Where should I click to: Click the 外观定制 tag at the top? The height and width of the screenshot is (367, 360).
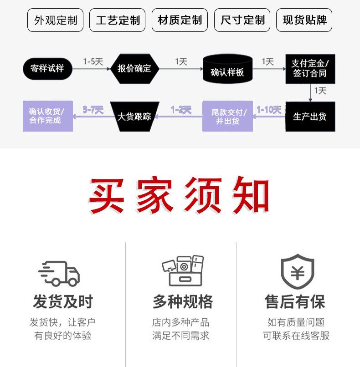click(56, 20)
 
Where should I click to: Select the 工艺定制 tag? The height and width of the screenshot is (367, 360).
click(118, 20)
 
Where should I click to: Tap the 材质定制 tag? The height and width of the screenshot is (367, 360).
click(180, 20)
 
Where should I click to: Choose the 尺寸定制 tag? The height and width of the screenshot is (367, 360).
click(242, 20)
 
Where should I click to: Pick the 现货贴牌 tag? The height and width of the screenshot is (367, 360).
click(304, 20)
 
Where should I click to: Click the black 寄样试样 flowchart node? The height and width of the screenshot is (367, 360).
click(47, 69)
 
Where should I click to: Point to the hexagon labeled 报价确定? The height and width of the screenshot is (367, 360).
click(134, 69)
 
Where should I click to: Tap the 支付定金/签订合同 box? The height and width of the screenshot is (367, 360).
click(310, 68)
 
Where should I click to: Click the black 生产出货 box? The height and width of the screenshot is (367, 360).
click(310, 117)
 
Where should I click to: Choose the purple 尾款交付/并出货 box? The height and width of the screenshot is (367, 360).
click(227, 117)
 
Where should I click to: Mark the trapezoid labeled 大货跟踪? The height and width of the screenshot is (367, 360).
click(134, 117)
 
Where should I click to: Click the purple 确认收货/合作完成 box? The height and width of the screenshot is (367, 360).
click(47, 117)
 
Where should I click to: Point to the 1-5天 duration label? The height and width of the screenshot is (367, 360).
click(93, 61)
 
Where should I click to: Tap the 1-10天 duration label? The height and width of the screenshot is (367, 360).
click(269, 110)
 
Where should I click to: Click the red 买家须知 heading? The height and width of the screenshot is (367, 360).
click(179, 197)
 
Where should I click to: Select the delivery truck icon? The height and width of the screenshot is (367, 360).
click(59, 273)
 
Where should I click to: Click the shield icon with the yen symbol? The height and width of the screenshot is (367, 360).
click(297, 272)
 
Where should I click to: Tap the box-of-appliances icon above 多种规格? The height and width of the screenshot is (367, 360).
click(182, 271)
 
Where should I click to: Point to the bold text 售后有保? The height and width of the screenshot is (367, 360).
click(295, 301)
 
